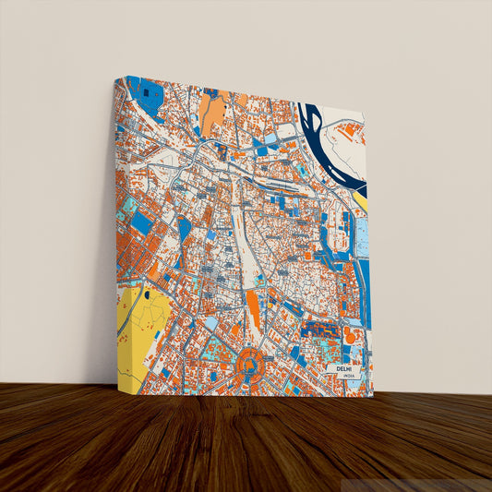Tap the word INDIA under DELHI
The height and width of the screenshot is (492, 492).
tap(348, 377)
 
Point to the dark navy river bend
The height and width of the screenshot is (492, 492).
tap(318, 138)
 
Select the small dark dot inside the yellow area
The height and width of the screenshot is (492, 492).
tap(146, 294)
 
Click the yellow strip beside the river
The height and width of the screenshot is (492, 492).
tap(360, 198)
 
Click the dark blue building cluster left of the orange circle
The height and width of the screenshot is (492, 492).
tap(318, 330)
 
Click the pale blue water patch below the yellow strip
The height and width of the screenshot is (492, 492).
tap(362, 235)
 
